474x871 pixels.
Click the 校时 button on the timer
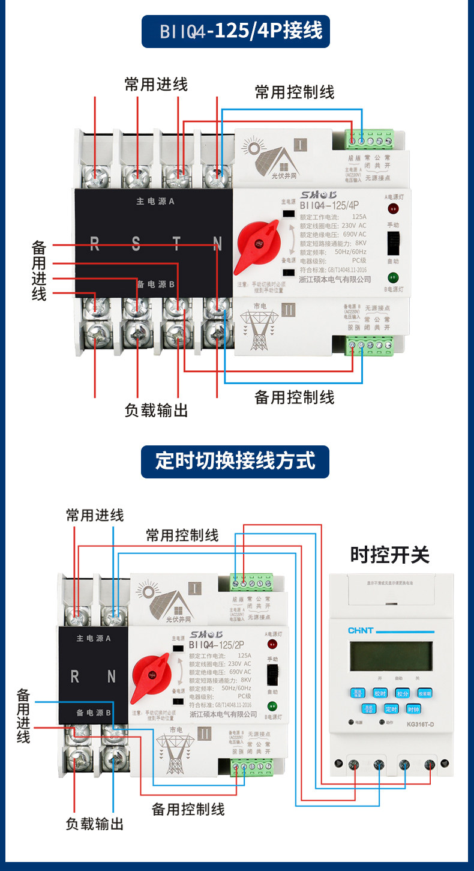tap(380, 693)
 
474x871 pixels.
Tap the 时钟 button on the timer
tap(413, 709)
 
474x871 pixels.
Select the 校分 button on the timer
tap(403, 693)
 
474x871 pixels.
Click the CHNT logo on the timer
tap(361, 630)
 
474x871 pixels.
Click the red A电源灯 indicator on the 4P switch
tap(394, 209)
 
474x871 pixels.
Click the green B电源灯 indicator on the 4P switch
tap(393, 277)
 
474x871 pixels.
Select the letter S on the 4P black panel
tap(136, 244)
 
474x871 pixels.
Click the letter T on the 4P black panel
tap(176, 244)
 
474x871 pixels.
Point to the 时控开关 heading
tap(390, 555)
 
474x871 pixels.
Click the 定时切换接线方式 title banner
tap(235, 462)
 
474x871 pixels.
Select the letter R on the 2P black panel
tap(75, 677)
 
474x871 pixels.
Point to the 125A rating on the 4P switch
tap(359, 217)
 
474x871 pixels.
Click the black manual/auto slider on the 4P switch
tap(394, 244)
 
